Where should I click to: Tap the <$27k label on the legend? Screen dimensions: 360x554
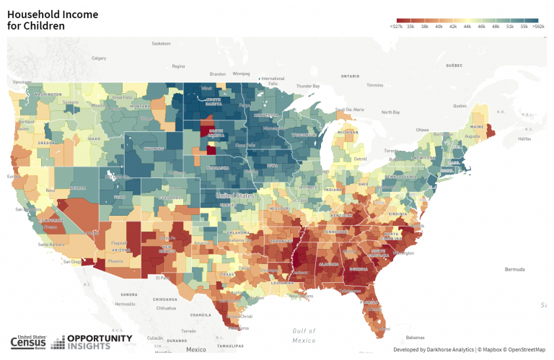[x=396, y=26]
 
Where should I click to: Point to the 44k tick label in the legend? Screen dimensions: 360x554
[x=467, y=26]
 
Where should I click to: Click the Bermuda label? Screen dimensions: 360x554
[x=514, y=269]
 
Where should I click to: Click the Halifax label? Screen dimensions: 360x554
[x=524, y=139]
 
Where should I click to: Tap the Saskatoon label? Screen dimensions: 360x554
[x=160, y=43]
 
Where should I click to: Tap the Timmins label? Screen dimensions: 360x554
[x=374, y=85]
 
